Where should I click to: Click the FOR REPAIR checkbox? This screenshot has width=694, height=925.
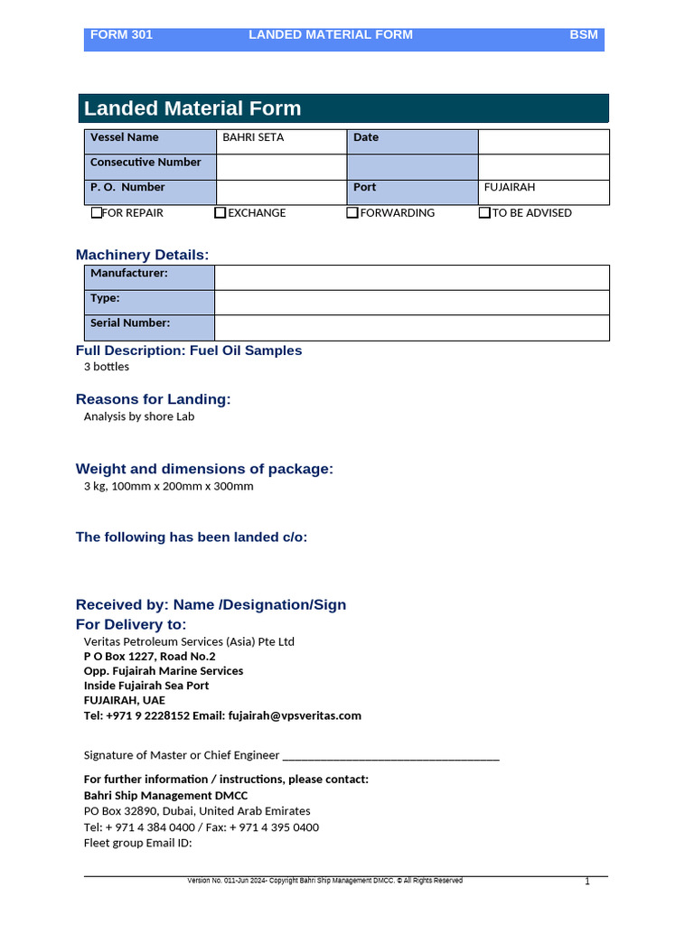tap(97, 213)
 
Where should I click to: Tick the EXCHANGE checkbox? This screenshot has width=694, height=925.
tap(220, 213)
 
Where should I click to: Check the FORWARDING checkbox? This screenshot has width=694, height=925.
tap(352, 213)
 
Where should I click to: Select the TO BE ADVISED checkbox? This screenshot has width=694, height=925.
tap(484, 213)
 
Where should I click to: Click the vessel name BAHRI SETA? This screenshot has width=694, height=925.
tap(253, 137)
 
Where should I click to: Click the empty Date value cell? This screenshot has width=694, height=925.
tap(543, 142)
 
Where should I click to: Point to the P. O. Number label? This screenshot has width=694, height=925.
tap(127, 188)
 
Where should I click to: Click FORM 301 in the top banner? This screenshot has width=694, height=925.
tap(121, 35)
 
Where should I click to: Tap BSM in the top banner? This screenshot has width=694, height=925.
tap(583, 35)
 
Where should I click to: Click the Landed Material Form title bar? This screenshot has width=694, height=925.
tap(343, 108)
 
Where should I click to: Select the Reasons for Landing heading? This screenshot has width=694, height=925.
tap(153, 399)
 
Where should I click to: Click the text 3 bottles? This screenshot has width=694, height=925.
tap(107, 367)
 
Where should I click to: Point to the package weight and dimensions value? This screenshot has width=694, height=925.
tap(169, 486)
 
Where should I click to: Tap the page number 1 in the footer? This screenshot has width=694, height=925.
tap(586, 882)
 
